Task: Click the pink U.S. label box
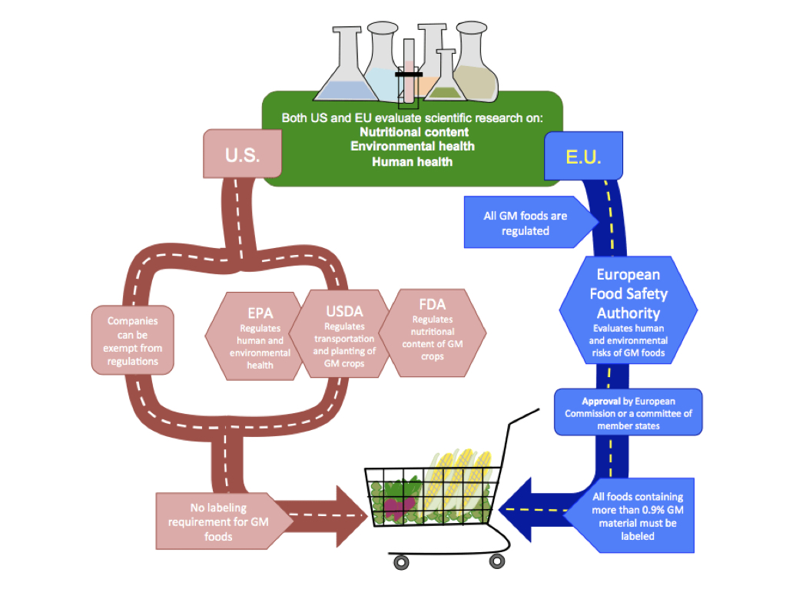[x=242, y=154]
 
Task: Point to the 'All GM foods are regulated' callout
[x=527, y=223]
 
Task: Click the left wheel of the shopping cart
[x=401, y=563]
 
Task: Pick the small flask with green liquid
[x=443, y=81]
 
